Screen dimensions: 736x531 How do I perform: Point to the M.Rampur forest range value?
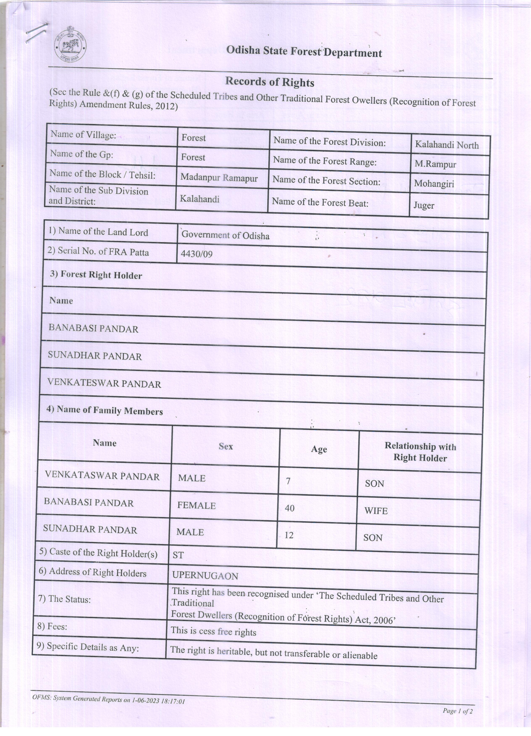pyautogui.click(x=435, y=164)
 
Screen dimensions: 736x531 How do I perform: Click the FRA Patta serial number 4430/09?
pyautogui.click(x=196, y=254)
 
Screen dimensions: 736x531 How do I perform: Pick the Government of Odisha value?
pyautogui.click(x=225, y=235)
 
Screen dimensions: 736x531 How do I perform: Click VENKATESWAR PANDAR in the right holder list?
pyautogui.click(x=104, y=384)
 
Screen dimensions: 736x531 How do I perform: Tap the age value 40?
pyautogui.click(x=289, y=508)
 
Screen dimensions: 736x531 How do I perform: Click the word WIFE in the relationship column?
pyautogui.click(x=376, y=511)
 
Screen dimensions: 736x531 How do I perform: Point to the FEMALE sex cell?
pyautogui.click(x=196, y=505)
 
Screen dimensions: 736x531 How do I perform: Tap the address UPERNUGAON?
pyautogui.click(x=205, y=576)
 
